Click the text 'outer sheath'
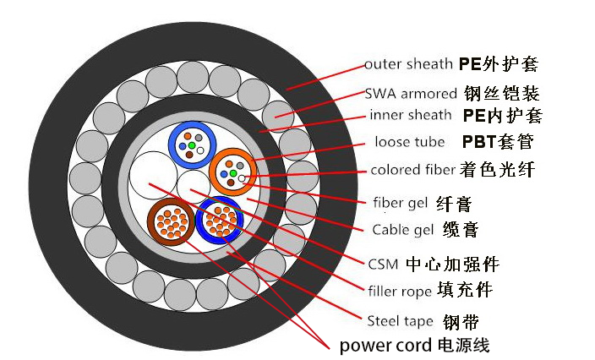point(409,64)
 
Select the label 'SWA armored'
point(412,93)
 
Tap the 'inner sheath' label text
point(412,116)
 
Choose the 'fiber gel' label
point(400,203)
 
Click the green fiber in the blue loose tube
point(192,146)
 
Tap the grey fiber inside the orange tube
point(240,165)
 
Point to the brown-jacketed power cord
point(171,224)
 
